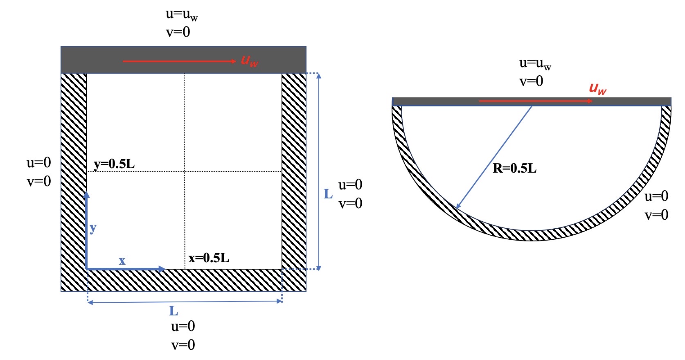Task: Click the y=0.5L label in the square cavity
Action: point(114,164)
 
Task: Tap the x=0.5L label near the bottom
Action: point(209,258)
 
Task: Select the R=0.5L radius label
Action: point(515,169)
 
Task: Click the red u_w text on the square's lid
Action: point(250,61)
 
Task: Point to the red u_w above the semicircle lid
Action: point(597,89)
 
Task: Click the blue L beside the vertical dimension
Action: point(328,194)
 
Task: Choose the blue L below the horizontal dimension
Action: point(174,311)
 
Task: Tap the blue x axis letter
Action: point(122,261)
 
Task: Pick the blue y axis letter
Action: point(93,228)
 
